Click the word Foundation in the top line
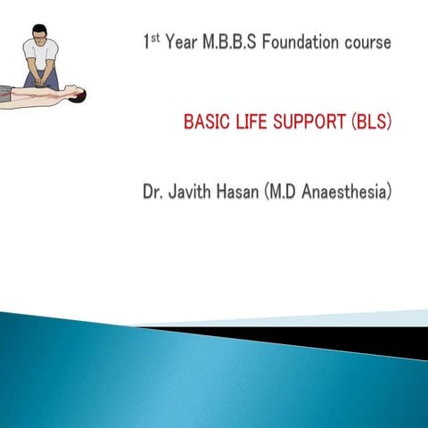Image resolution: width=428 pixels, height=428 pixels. click(296, 43)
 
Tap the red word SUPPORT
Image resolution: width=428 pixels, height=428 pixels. click(307, 121)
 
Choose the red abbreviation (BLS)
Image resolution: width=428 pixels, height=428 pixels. click(370, 121)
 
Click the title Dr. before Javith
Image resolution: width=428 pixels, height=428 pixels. click(153, 191)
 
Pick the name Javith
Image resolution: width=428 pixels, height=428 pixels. click(192, 191)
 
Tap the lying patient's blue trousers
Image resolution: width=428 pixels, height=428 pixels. click(8, 92)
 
